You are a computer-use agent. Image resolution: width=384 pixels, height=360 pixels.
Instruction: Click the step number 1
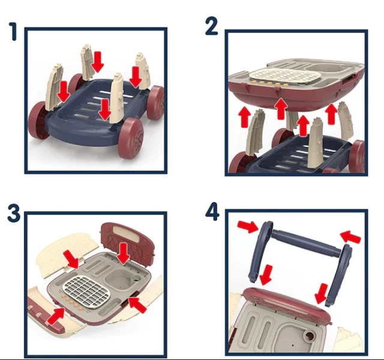13,31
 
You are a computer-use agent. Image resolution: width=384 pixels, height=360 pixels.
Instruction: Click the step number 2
211,26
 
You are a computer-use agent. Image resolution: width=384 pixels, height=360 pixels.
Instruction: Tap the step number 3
14,214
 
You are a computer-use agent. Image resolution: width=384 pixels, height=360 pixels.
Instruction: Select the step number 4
212,212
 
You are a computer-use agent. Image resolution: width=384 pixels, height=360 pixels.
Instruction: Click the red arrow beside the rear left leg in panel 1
98,62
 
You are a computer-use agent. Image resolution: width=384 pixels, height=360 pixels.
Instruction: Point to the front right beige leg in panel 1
116,98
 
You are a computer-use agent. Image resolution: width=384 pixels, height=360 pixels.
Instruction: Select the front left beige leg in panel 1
53,86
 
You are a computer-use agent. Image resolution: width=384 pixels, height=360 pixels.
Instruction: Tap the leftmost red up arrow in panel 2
245,117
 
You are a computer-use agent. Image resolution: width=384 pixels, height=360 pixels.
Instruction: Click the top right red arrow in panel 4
350,236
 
